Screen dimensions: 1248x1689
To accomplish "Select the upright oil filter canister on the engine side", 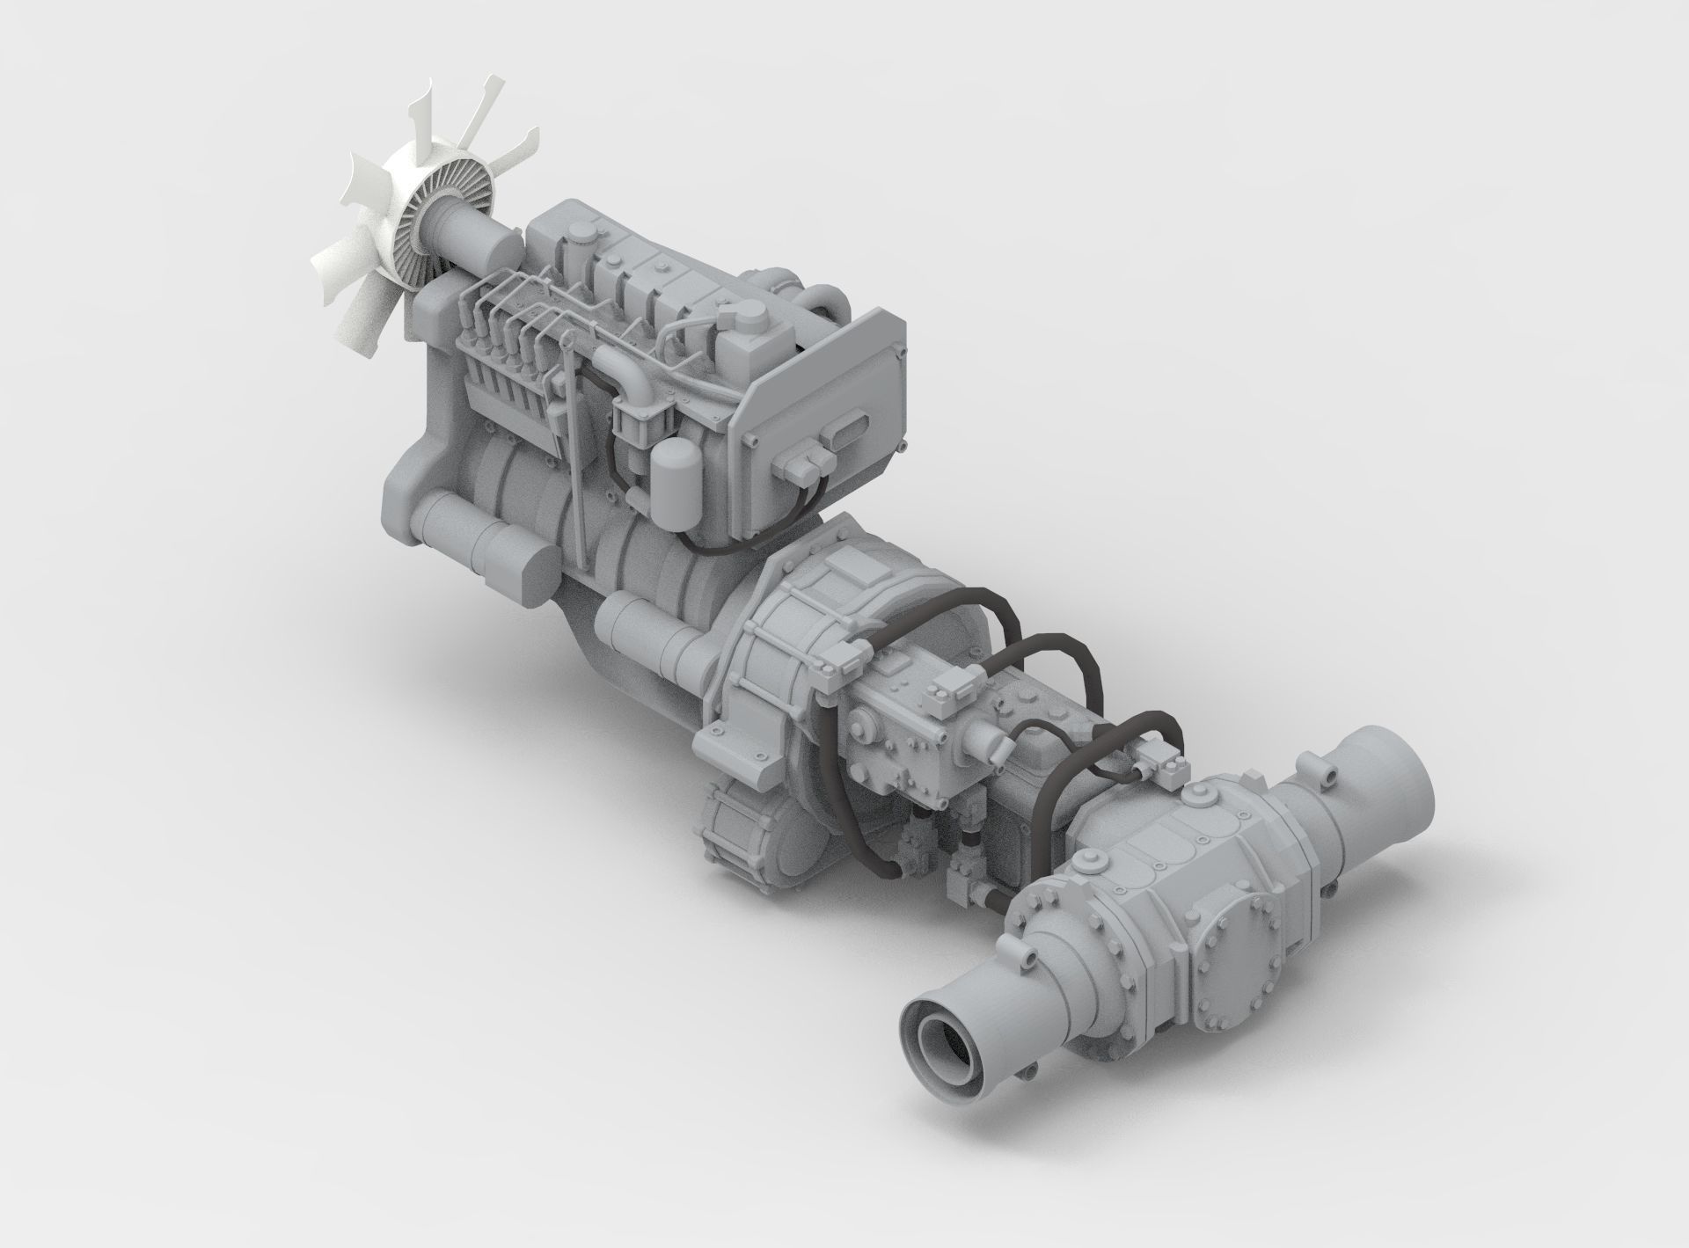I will [x=674, y=475].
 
